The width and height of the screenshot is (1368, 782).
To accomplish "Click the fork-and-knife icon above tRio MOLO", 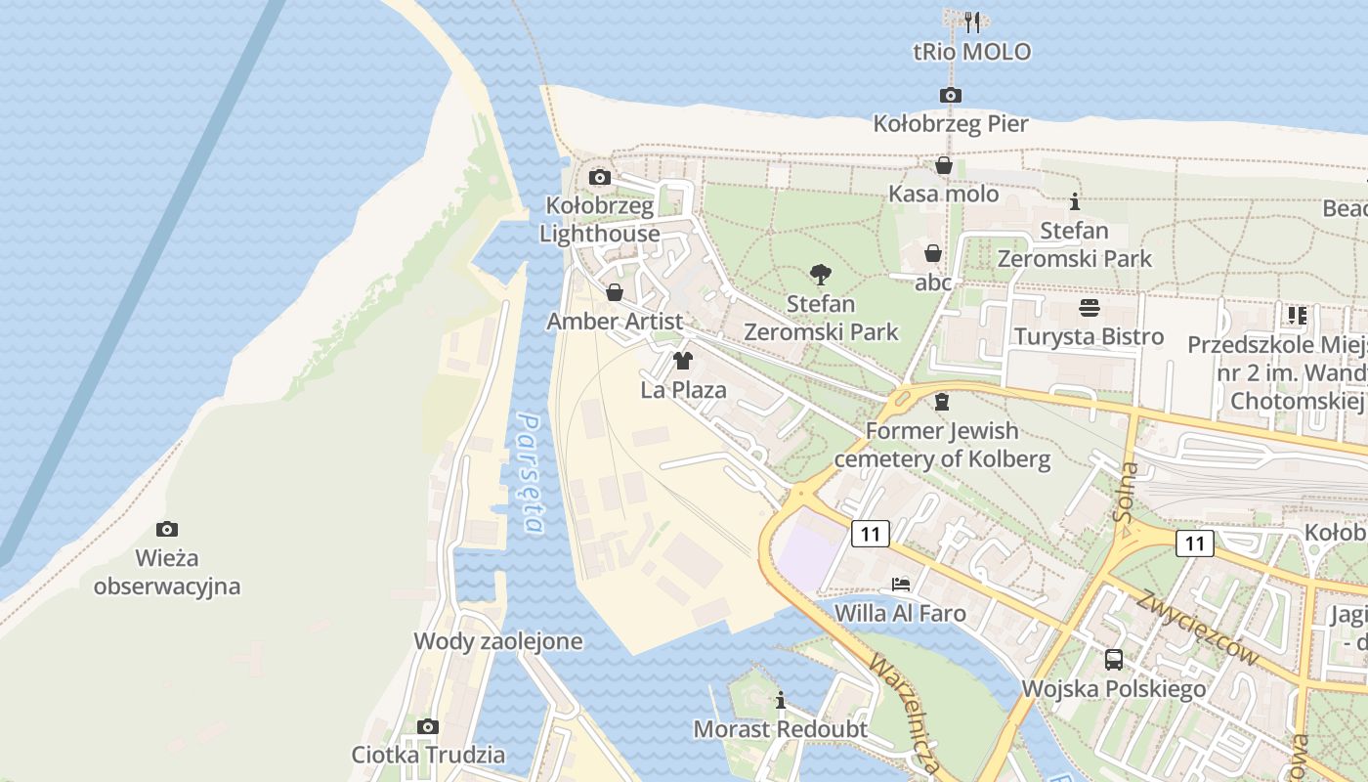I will coord(971,22).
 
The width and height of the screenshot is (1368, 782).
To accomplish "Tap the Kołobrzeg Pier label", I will coord(951,124).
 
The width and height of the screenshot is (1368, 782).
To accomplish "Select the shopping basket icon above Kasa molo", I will coord(944,165).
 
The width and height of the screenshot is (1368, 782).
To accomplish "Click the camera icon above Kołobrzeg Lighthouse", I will coord(600,177).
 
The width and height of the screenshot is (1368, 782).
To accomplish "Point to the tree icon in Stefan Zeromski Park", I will coord(821,275).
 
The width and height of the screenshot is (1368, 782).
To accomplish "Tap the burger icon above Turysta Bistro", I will coord(1090,308).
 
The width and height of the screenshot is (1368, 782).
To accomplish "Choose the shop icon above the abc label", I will coord(933,253).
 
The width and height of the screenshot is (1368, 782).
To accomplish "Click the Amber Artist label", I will coord(615,322).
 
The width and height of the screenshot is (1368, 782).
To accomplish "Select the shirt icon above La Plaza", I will coord(683,361).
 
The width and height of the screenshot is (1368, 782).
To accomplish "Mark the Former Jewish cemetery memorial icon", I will coord(942,402).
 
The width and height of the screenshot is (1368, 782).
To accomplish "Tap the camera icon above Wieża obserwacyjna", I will coord(167,529).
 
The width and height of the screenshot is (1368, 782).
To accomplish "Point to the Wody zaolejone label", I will coord(498,641).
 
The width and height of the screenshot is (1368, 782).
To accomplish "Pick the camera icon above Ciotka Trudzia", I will coord(428,726).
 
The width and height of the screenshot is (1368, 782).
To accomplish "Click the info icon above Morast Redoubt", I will coord(780,700).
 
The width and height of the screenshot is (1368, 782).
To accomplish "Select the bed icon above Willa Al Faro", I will coord(901,585).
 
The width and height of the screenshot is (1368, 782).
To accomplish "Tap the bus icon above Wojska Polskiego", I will coord(1114,659).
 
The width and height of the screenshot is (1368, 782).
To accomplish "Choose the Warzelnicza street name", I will coord(904,715).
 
